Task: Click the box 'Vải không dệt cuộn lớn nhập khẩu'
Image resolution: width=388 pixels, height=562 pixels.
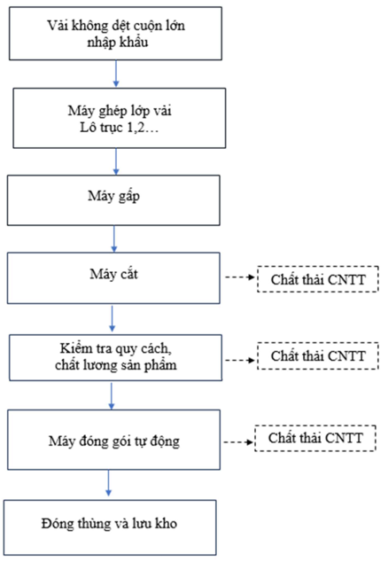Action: [x=115, y=34]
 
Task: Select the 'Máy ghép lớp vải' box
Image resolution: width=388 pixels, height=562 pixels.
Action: [x=120, y=118]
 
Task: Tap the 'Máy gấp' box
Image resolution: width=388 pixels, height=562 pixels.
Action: [x=113, y=200]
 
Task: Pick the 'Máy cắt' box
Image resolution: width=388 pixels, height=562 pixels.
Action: [x=113, y=278]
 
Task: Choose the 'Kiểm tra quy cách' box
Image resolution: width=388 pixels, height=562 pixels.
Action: [x=115, y=358]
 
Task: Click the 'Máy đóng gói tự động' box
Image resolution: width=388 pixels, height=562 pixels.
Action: [x=114, y=440]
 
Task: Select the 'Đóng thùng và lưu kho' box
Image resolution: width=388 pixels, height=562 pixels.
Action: [x=110, y=527]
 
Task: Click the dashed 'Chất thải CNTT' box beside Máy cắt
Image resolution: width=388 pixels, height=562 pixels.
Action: [x=318, y=279]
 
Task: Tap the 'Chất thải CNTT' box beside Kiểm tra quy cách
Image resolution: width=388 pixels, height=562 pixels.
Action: [x=318, y=355]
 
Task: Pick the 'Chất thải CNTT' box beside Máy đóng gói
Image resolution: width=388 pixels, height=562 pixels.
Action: [x=315, y=438]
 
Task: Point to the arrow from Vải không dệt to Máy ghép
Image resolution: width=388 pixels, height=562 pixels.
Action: [x=116, y=74]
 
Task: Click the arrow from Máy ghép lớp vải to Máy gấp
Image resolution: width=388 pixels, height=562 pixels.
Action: [x=116, y=161]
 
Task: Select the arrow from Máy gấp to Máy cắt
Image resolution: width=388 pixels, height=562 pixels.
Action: [x=114, y=239]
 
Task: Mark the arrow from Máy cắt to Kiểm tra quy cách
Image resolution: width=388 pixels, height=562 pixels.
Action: [x=112, y=318]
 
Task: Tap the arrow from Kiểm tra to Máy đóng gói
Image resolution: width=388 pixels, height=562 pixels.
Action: [x=112, y=396]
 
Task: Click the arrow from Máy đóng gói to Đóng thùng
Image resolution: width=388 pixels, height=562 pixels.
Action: [x=109, y=483]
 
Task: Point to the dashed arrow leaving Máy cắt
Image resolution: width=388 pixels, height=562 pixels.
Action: [x=240, y=277]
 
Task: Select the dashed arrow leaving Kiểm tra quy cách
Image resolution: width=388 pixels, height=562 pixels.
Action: [x=240, y=360]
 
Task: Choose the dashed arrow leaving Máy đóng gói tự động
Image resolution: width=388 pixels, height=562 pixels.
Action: [x=238, y=442]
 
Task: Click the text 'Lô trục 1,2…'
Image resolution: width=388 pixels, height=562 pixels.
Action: [x=120, y=128]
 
